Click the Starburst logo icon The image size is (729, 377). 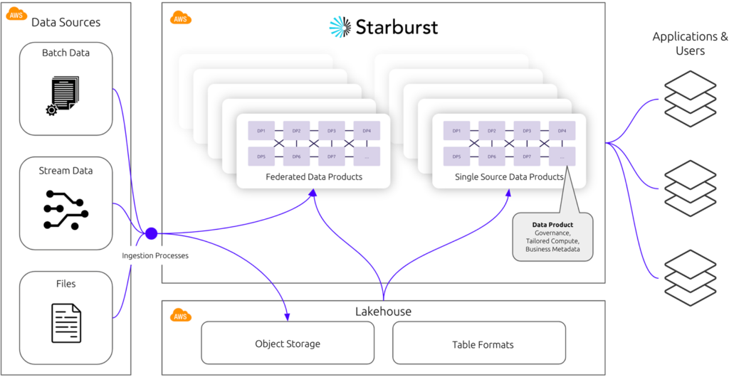pyautogui.click(x=340, y=27)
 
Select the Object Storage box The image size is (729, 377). pyautogui.click(x=288, y=344)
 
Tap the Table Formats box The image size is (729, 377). pyautogui.click(x=479, y=344)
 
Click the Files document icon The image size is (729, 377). pyautogui.click(x=65, y=322)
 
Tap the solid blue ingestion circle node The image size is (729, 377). pyautogui.click(x=151, y=233)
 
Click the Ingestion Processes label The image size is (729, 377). pyautogui.click(x=155, y=255)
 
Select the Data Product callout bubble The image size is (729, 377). pyautogui.click(x=552, y=237)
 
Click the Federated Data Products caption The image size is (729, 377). pyautogui.click(x=313, y=176)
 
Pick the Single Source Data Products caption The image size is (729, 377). pyautogui.click(x=509, y=176)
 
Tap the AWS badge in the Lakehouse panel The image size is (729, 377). pyautogui.click(x=181, y=315)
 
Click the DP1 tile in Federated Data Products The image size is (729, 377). pyautogui.click(x=261, y=131)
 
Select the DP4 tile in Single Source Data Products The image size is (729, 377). pyautogui.click(x=562, y=131)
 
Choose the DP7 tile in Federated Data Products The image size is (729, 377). pyautogui.click(x=331, y=156)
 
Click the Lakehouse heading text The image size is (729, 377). pyautogui.click(x=383, y=312)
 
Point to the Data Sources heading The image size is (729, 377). pyautogui.click(x=65, y=22)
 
